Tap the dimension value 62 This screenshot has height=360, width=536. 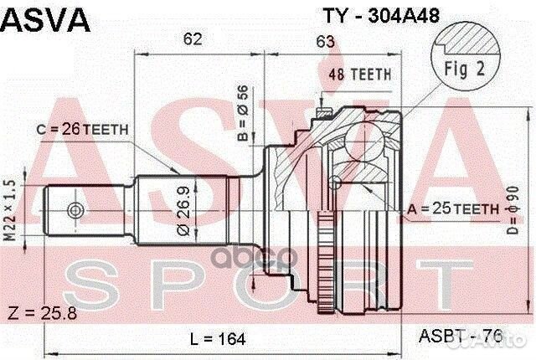193,38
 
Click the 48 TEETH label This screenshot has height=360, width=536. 360,74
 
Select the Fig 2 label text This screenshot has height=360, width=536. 470,70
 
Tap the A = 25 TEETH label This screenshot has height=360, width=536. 449,207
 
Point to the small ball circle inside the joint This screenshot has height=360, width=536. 335,182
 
